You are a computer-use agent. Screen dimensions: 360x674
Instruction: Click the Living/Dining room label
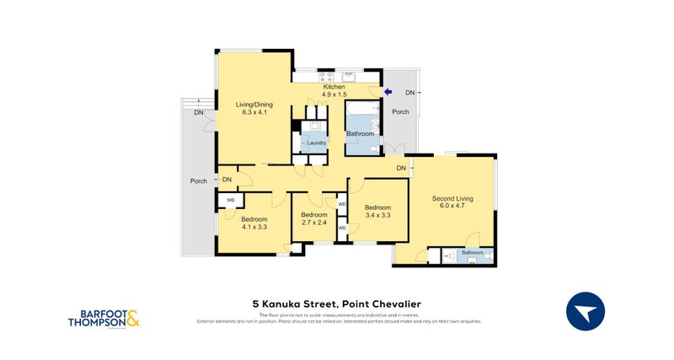[254, 105]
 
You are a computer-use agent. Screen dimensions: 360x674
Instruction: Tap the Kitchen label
[334, 87]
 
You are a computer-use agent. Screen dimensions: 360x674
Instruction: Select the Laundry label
[316, 142]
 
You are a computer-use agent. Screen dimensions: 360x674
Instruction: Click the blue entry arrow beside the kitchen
[388, 92]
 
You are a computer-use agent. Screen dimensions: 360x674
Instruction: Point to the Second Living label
[452, 199]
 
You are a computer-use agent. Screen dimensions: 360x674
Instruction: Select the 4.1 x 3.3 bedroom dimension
[254, 227]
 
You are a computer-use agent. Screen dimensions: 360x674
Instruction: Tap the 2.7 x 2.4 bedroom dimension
[313, 223]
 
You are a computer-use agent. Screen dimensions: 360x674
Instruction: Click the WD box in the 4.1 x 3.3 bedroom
[231, 200]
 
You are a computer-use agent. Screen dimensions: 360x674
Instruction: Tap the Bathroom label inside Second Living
[473, 252]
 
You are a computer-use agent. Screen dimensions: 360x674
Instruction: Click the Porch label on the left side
[199, 180]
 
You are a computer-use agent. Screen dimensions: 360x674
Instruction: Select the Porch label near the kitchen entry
[401, 112]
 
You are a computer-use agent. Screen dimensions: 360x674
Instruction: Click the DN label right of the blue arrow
[409, 92]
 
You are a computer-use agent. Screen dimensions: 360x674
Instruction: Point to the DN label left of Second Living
[401, 169]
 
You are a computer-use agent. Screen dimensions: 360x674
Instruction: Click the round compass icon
[586, 312]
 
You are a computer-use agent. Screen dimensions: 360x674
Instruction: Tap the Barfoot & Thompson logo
[104, 315]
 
